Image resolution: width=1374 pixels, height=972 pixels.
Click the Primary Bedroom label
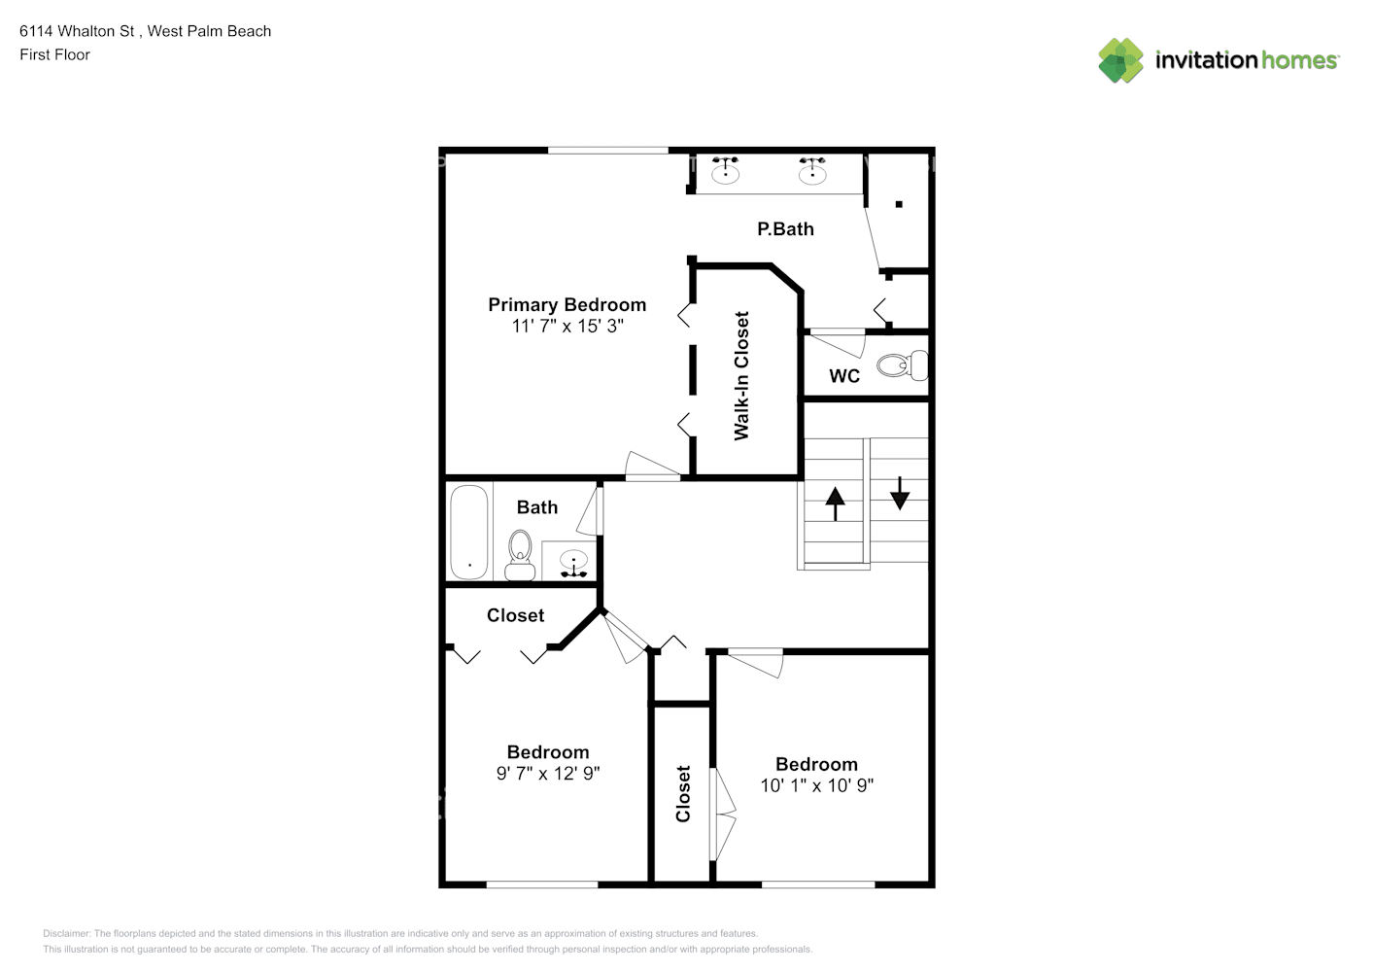click(x=567, y=305)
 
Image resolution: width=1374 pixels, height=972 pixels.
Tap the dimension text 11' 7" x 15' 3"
click(x=567, y=326)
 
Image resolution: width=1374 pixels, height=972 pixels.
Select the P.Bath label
click(x=785, y=228)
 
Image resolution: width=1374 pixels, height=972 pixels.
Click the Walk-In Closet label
click(x=741, y=375)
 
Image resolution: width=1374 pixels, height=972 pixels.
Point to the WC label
click(x=844, y=376)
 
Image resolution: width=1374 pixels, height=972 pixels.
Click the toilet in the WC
click(x=903, y=365)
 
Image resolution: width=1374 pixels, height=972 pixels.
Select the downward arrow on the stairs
click(x=900, y=494)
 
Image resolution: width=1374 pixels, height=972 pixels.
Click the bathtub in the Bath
click(x=469, y=533)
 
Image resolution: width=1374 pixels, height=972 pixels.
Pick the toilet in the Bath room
click(x=520, y=555)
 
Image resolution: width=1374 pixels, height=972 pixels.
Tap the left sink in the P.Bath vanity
click(x=725, y=170)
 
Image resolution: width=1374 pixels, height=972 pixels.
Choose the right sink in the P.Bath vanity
click(x=812, y=170)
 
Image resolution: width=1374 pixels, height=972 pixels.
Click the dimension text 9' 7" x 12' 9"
click(x=548, y=773)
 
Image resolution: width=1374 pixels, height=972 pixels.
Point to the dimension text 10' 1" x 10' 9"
click(x=816, y=785)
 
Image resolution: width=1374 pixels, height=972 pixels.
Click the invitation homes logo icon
click(x=1120, y=60)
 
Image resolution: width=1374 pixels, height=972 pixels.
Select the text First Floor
click(x=54, y=54)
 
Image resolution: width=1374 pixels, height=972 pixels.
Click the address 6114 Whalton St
click(x=77, y=31)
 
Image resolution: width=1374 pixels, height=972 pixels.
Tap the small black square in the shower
click(x=899, y=204)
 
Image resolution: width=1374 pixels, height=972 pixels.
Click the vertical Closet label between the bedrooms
click(x=683, y=793)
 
